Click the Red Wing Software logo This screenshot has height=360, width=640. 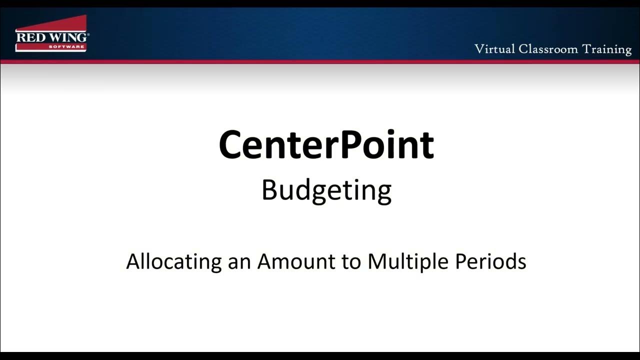click(52, 33)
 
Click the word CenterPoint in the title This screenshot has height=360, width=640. click(326, 145)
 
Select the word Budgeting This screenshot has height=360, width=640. click(326, 190)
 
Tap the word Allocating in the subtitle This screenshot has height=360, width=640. click(173, 261)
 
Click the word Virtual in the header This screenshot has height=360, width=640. click(494, 49)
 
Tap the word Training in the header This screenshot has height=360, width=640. click(607, 49)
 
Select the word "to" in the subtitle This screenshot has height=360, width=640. click(351, 261)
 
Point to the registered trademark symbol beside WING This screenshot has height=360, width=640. click(87, 34)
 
